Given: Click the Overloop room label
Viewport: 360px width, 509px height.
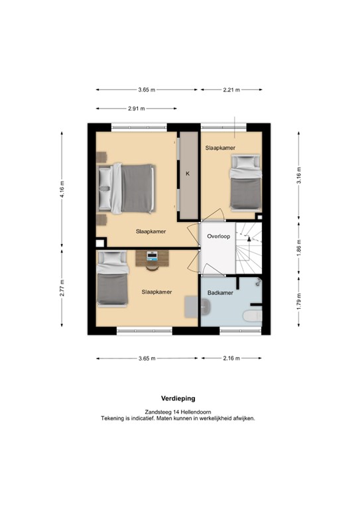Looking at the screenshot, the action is pos(219,237).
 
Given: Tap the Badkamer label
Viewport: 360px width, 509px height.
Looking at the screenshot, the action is pos(220,293).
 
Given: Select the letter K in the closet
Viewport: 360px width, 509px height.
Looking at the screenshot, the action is pos(188,174).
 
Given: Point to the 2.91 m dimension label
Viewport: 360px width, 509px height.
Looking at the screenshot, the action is pos(137,109).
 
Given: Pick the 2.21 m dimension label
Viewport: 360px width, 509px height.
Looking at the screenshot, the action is pos(231,90).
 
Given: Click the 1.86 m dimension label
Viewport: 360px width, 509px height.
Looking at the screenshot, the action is pos(298,248).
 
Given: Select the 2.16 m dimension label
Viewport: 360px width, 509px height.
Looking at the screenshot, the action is pos(231,359).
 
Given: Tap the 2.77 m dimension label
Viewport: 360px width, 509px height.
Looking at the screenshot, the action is pos(62,288).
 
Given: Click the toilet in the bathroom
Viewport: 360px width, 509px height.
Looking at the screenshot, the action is pos(252,316).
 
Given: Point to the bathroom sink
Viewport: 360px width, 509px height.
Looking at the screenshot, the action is pos(206,307).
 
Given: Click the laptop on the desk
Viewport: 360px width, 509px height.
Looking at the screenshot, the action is pos(152,256).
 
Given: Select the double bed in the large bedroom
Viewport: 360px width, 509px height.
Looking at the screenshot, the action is pos(126,188).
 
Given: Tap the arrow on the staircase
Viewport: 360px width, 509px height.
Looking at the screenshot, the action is pos(249,239).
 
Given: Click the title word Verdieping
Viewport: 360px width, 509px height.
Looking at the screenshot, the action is pos(178,398).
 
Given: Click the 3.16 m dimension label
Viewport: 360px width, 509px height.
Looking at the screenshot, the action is pos(298,175).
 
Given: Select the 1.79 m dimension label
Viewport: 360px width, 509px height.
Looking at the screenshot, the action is pos(298,301).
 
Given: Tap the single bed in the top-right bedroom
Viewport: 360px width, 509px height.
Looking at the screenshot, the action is pos(246,183).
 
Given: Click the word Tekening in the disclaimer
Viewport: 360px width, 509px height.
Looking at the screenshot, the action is pos(111,418).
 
